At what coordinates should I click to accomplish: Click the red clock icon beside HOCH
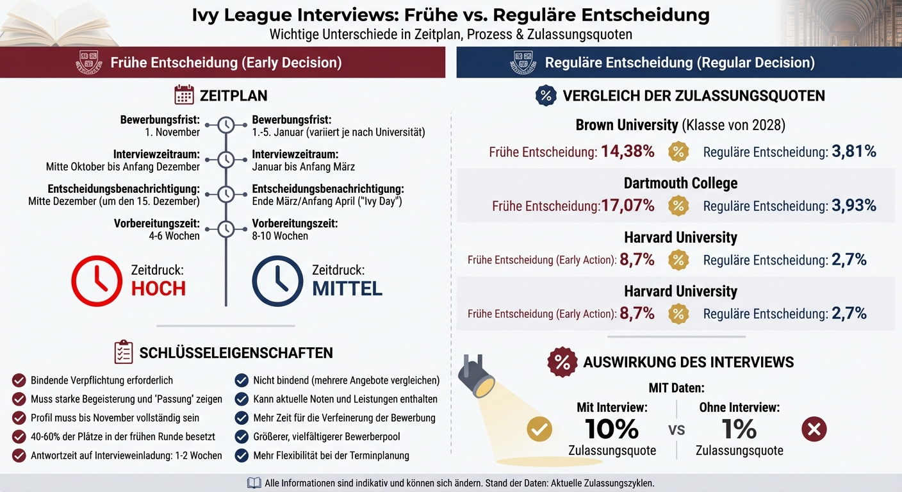[96, 281]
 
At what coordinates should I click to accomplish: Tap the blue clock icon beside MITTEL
[277, 281]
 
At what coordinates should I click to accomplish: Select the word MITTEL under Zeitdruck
[347, 288]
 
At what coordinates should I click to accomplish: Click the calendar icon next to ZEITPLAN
[184, 95]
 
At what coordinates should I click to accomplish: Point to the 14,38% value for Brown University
[627, 152]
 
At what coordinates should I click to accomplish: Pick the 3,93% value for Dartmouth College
[854, 206]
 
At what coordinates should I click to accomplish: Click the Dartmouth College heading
[680, 183]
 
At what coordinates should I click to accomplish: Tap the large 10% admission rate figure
[612, 429]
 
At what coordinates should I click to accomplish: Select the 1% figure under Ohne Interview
[739, 429]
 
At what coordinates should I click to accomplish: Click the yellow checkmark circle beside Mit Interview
[539, 429]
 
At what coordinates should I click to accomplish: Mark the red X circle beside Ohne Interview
[814, 429]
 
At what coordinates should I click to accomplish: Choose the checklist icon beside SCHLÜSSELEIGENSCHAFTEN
[123, 352]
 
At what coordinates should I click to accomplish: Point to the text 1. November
[172, 132]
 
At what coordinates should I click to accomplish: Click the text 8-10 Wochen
[280, 236]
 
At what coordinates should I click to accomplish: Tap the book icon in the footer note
[254, 483]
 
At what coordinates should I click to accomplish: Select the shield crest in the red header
[89, 63]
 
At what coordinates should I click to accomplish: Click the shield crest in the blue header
[523, 63]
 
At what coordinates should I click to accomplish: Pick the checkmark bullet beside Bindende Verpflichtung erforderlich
[19, 381]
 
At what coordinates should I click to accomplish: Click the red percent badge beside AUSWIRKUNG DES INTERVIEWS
[562, 362]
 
